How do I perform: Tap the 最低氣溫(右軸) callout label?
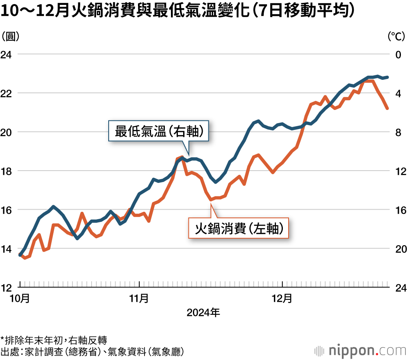coord(159,132)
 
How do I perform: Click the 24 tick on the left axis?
coord(7,54)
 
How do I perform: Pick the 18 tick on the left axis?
coord(7,171)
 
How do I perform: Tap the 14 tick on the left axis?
coord(7,249)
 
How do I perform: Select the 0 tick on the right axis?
coord(398,54)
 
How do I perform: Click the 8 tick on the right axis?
coord(398,132)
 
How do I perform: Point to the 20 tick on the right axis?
coord(400,249)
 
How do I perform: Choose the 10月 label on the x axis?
coord(20,299)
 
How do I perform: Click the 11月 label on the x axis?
coord(139,299)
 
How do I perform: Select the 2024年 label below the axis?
coord(203,313)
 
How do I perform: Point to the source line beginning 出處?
coord(92,351)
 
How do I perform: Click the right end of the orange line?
coord(387,108)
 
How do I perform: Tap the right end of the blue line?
coord(387,77)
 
